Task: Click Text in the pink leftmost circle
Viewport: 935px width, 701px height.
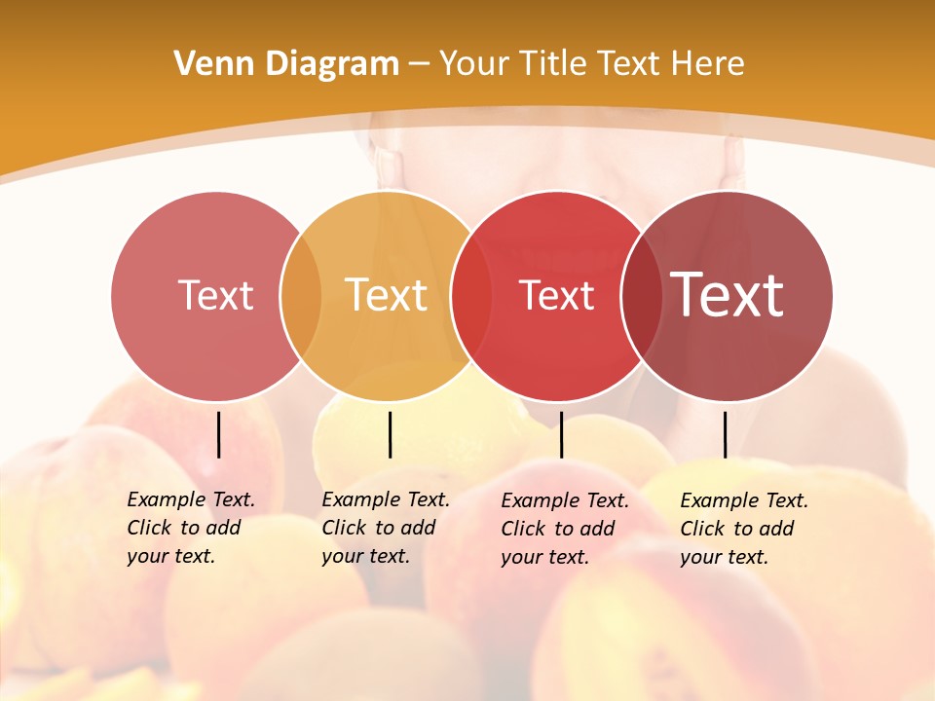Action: tap(215, 295)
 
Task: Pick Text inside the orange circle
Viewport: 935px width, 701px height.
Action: tap(386, 295)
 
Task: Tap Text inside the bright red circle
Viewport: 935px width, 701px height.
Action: tap(556, 295)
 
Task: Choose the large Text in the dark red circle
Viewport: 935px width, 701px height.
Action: tap(728, 295)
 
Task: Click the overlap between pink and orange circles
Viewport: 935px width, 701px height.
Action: tap(301, 296)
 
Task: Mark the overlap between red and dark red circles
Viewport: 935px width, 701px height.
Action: tap(641, 296)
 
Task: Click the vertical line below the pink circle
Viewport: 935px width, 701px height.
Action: tap(218, 434)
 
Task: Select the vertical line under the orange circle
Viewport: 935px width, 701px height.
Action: tap(390, 434)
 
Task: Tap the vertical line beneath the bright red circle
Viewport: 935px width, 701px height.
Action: tap(561, 434)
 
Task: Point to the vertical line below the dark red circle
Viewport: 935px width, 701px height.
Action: tap(725, 434)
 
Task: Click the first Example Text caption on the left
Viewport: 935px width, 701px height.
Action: tap(191, 528)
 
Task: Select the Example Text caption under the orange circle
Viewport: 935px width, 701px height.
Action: tap(386, 528)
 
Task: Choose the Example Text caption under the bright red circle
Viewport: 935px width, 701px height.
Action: tap(565, 529)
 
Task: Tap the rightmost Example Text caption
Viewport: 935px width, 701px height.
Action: tap(744, 529)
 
